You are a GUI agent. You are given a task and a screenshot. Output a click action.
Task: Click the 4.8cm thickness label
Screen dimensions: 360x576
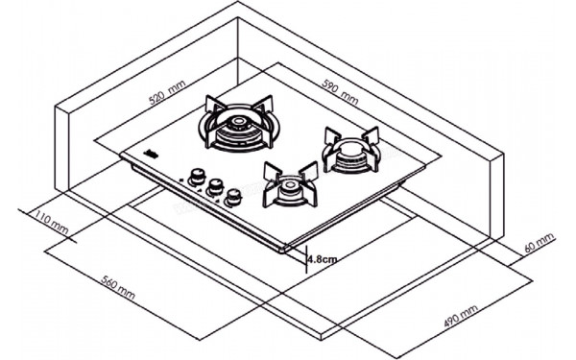coord(321,257)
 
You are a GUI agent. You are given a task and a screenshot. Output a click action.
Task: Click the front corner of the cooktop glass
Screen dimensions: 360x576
coord(285,251)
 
